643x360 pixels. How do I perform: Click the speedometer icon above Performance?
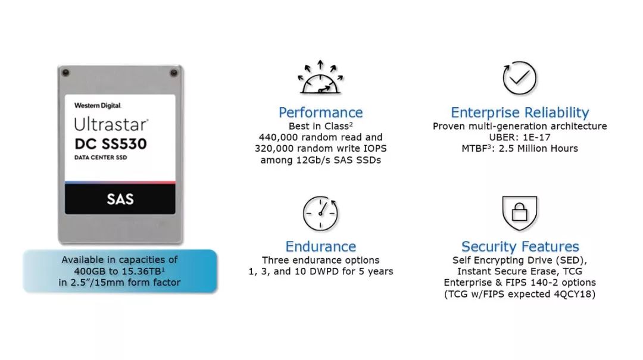click(320, 77)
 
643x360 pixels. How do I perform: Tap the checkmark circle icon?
click(519, 78)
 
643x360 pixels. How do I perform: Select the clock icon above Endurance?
click(320, 213)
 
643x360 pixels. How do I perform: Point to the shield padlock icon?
click(520, 213)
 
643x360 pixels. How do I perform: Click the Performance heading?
click(321, 112)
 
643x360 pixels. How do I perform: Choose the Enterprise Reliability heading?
click(520, 112)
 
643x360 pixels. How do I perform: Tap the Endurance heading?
click(321, 246)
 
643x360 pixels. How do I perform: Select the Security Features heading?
click(520, 246)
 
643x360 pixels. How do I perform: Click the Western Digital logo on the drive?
click(98, 105)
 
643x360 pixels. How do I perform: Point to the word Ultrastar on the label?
click(111, 124)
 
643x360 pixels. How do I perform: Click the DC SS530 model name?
click(111, 144)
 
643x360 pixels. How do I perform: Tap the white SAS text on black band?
click(120, 199)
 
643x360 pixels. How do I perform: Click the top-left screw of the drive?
click(65, 73)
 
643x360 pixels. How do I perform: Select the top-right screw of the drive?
click(174, 73)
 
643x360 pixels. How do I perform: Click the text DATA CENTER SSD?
click(101, 158)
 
